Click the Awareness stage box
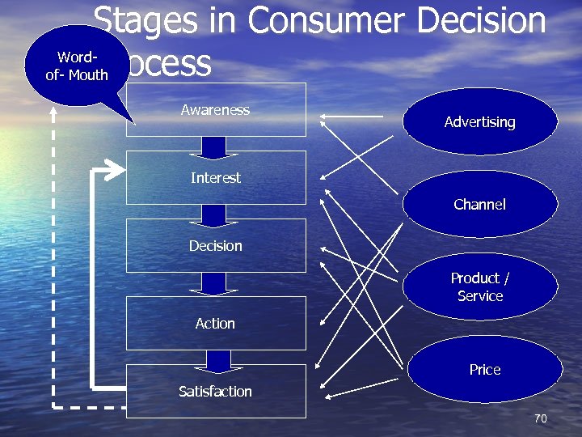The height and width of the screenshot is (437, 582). [216, 109]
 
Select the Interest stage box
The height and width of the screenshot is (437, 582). [216, 177]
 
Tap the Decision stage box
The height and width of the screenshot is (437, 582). [216, 245]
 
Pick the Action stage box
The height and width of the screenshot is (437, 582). [216, 323]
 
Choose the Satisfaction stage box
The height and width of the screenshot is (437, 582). [216, 391]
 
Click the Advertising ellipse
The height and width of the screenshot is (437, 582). [479, 122]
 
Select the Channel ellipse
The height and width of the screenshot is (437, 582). [479, 205]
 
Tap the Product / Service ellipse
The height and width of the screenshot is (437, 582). [479, 286]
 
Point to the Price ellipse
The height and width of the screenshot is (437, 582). [484, 370]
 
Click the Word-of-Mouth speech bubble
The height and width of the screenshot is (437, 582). [77, 66]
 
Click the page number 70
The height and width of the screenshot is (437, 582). [541, 418]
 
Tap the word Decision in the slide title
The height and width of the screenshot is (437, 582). [481, 20]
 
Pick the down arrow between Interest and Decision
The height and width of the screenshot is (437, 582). [214, 215]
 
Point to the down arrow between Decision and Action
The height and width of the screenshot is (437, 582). [214, 283]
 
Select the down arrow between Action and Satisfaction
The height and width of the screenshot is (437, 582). [218, 361]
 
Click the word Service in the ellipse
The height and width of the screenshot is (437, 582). [480, 296]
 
